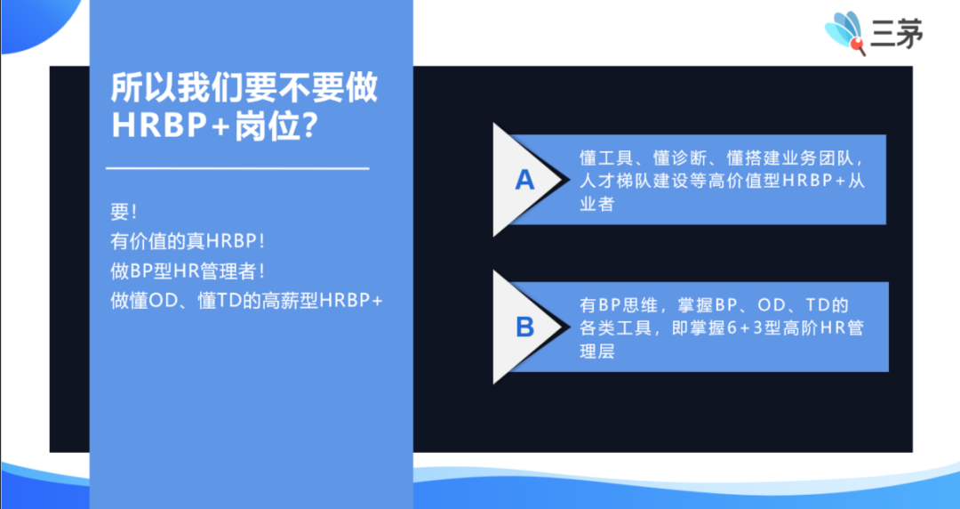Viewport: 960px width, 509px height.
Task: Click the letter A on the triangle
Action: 525,181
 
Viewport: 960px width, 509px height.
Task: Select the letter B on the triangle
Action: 525,327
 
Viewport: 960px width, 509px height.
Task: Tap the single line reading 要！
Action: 124,214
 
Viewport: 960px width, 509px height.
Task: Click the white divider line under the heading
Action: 237,167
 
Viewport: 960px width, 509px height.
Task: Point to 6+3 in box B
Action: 741,328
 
